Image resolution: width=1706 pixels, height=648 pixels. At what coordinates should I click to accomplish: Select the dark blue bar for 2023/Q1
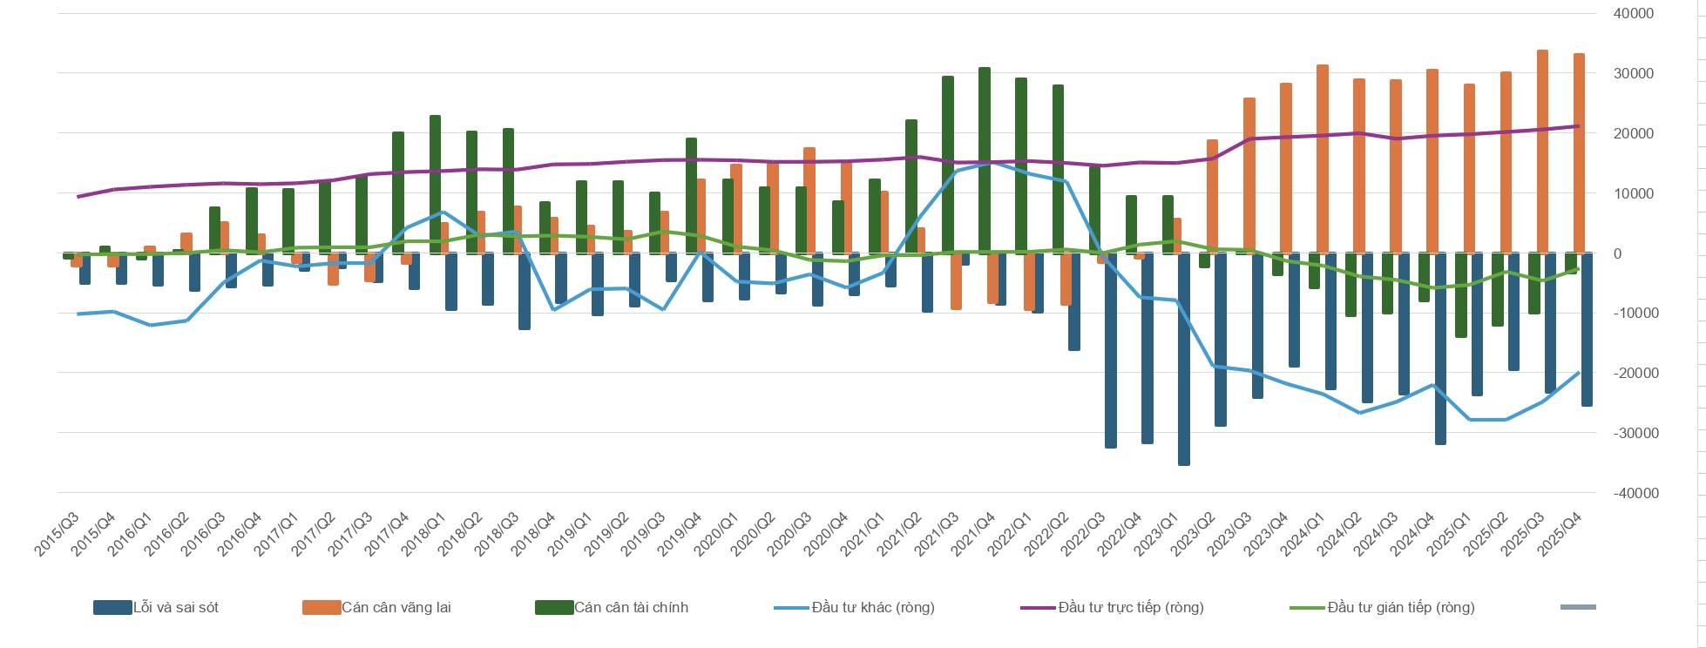[x=1184, y=359]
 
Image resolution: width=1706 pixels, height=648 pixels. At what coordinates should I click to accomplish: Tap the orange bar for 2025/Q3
[x=1542, y=152]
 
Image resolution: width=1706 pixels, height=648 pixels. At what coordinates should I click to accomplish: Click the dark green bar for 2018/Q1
[x=435, y=184]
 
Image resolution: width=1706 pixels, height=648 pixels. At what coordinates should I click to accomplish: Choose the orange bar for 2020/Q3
[x=809, y=200]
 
